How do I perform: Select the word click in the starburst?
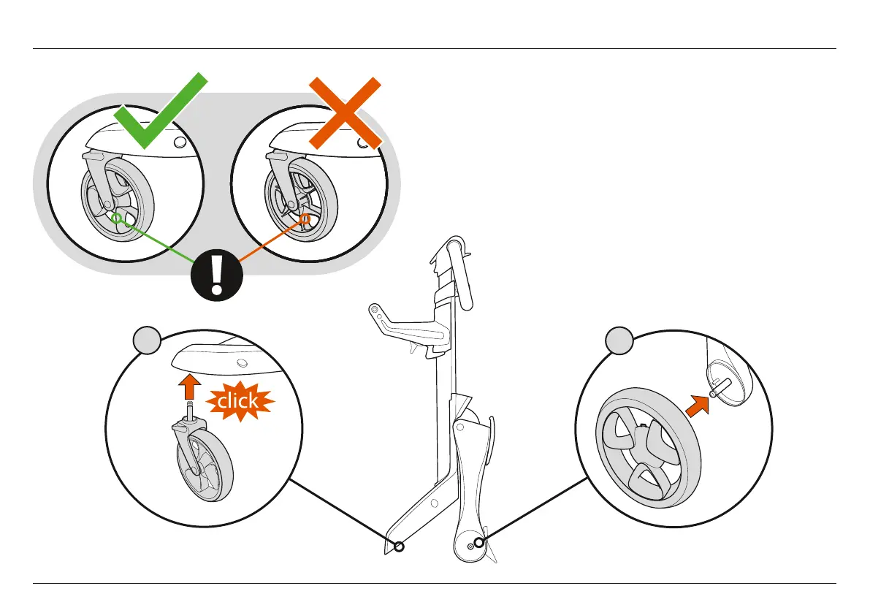click(237, 400)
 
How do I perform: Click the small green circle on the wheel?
click(116, 216)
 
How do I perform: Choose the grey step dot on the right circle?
click(619, 341)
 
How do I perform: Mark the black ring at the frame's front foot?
click(399, 547)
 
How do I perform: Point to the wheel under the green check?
click(115, 208)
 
